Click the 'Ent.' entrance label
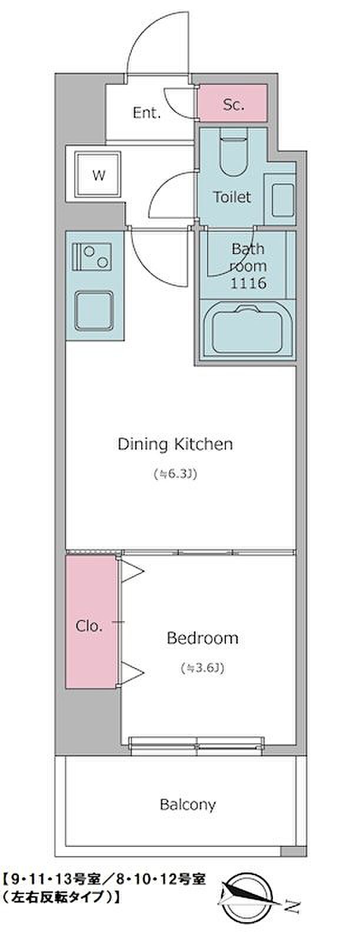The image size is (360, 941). click(146, 112)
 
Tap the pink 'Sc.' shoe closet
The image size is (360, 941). click(232, 104)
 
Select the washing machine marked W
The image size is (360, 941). click(98, 174)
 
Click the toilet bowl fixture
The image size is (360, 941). click(233, 153)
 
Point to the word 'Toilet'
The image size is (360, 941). click(232, 196)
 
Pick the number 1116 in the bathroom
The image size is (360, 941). click(248, 283)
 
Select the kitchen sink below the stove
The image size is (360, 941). click(94, 311)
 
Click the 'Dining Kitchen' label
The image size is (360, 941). click(175, 444)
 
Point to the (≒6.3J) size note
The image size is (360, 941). click(176, 474)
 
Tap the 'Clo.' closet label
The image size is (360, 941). click(89, 626)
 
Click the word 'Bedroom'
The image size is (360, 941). click(202, 638)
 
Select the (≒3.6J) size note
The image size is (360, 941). click(202, 668)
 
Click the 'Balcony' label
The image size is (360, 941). click(188, 805)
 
